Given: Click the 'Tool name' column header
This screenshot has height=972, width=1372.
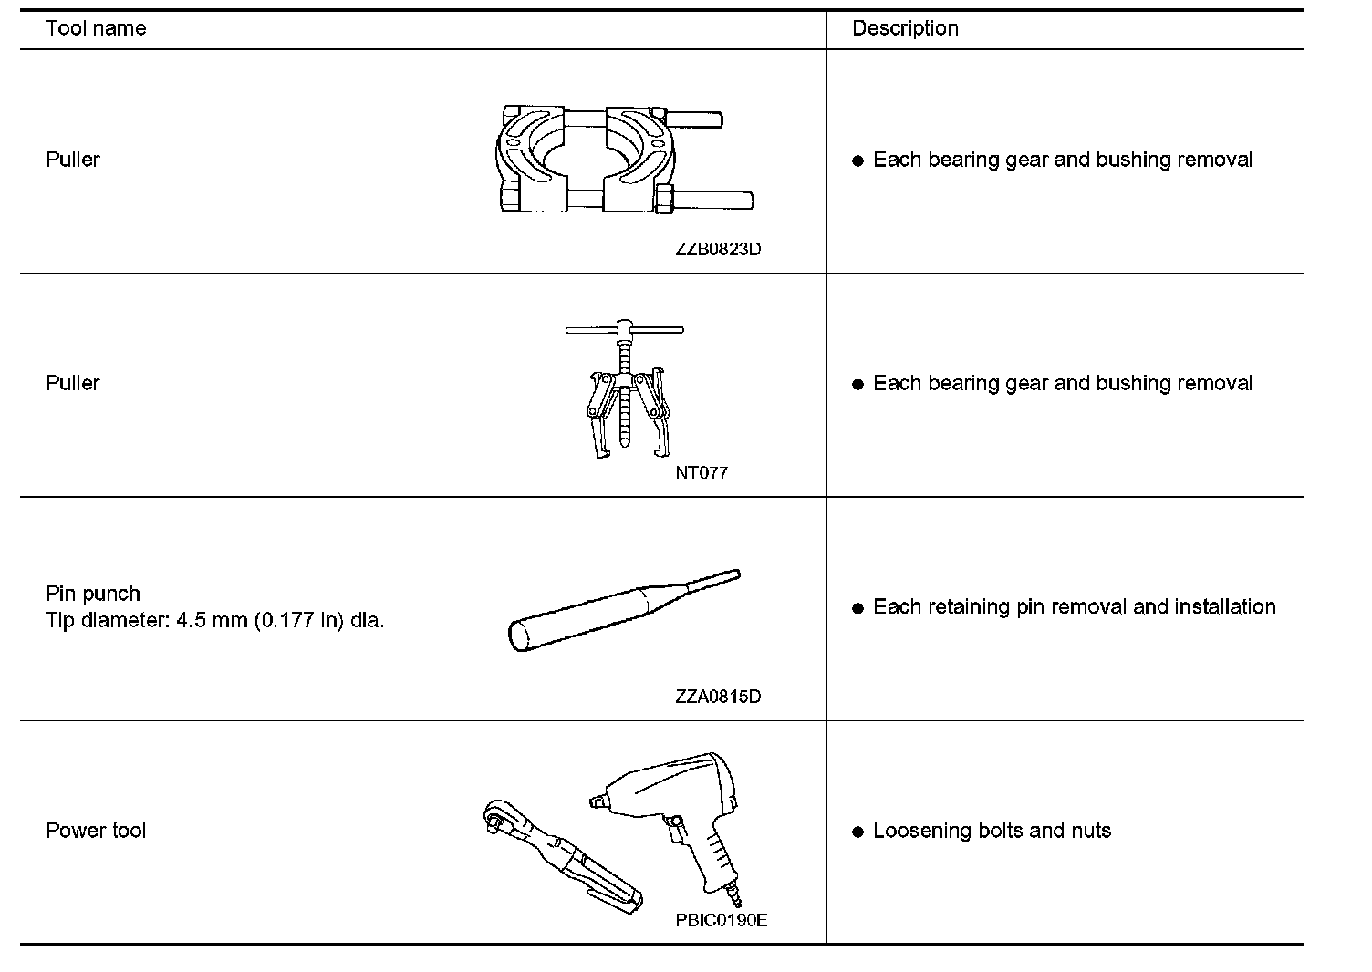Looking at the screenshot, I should point(96,28).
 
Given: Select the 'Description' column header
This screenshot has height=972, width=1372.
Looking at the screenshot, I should point(905,28).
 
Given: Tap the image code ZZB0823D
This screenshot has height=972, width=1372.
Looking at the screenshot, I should point(718,249).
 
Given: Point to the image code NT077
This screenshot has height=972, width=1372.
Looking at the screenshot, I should point(702,472).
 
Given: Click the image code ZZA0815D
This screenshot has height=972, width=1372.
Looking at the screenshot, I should point(718,697).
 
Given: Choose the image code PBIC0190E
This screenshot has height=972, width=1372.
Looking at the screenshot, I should point(721,920).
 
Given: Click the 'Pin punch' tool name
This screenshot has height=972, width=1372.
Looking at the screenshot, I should point(93,594).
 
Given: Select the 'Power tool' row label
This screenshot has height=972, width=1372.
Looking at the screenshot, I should point(96,831).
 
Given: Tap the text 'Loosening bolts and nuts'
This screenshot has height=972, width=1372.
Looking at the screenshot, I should point(992,831).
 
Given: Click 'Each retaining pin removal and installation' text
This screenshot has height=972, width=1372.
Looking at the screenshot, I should point(1074,607).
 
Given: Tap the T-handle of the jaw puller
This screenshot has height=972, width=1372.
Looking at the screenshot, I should point(624,329).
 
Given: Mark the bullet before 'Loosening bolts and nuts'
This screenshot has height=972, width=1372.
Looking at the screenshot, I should point(857,832).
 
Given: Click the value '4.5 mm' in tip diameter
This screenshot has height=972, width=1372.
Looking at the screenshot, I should point(212,621).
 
